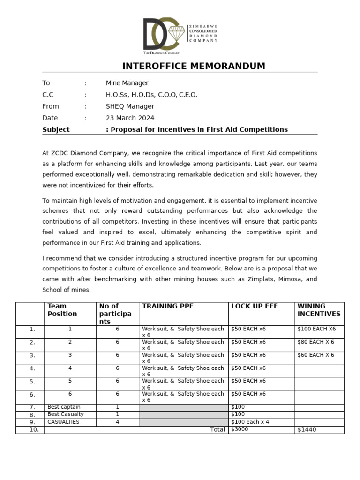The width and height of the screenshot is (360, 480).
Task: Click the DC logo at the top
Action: [161, 34]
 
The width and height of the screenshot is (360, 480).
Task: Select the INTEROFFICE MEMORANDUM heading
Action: [194, 66]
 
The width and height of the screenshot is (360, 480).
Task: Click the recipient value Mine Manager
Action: [127, 83]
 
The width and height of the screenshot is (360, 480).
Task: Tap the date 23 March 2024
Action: [130, 118]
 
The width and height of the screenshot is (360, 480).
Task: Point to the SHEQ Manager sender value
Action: [130, 106]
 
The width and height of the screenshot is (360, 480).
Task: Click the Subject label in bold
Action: [56, 130]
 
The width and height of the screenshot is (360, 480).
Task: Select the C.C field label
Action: [48, 95]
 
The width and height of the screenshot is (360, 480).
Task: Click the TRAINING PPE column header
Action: [168, 306]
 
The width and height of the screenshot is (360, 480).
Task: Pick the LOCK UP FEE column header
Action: [255, 306]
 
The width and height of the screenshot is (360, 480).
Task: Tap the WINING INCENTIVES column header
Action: [319, 310]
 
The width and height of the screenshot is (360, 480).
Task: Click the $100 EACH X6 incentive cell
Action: [316, 329]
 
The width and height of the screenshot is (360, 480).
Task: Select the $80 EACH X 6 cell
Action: [315, 342]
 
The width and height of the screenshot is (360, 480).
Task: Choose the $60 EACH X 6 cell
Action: [315, 355]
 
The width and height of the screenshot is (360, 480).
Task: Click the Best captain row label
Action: [64, 407]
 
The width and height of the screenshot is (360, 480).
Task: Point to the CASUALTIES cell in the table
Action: [63, 422]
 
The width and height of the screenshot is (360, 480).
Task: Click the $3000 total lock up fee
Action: [240, 429]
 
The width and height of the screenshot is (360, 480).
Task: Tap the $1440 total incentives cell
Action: [307, 429]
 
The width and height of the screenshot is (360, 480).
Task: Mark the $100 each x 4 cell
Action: [250, 422]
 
